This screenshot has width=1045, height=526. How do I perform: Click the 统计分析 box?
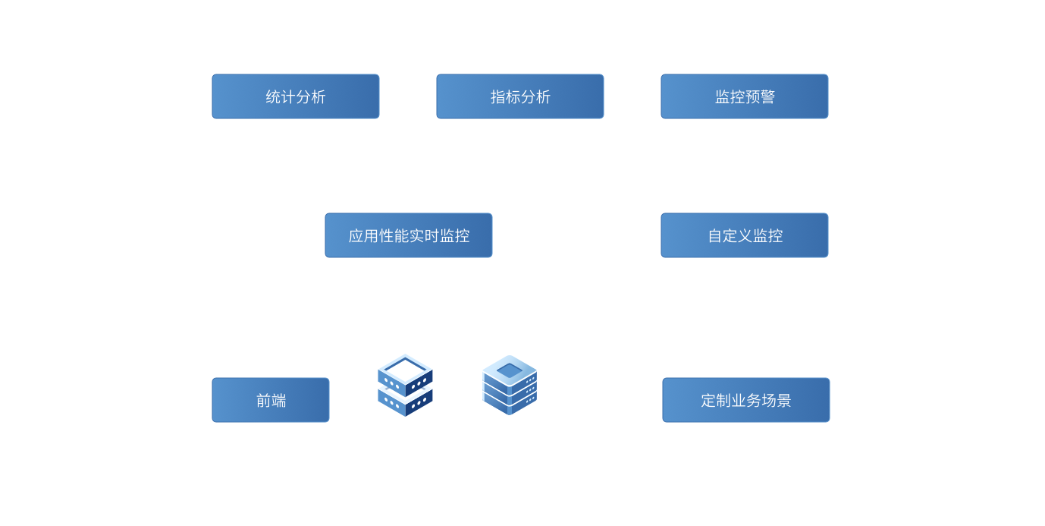[x=296, y=96]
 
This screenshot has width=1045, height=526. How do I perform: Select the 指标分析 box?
[x=520, y=96]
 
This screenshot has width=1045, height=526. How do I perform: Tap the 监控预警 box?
[x=745, y=96]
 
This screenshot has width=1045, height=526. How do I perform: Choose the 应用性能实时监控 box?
[x=409, y=235]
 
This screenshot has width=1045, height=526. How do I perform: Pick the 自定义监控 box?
[x=745, y=235]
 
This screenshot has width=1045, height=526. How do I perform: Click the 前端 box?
[x=271, y=400]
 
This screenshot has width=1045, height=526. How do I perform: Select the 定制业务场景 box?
[x=746, y=400]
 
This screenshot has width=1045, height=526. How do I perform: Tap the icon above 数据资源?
[x=405, y=385]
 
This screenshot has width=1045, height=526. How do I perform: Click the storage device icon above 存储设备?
[x=510, y=385]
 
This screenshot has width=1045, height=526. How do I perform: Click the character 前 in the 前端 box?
[x=263, y=401]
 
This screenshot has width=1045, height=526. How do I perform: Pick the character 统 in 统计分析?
[x=273, y=97]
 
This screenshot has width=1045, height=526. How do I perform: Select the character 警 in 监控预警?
[x=767, y=97]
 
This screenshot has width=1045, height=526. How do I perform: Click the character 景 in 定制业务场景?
[x=783, y=401]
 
